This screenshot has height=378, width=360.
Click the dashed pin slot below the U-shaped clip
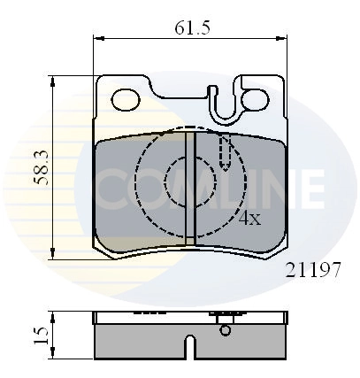[x=226, y=153]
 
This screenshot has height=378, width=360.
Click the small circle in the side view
[x=225, y=331]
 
